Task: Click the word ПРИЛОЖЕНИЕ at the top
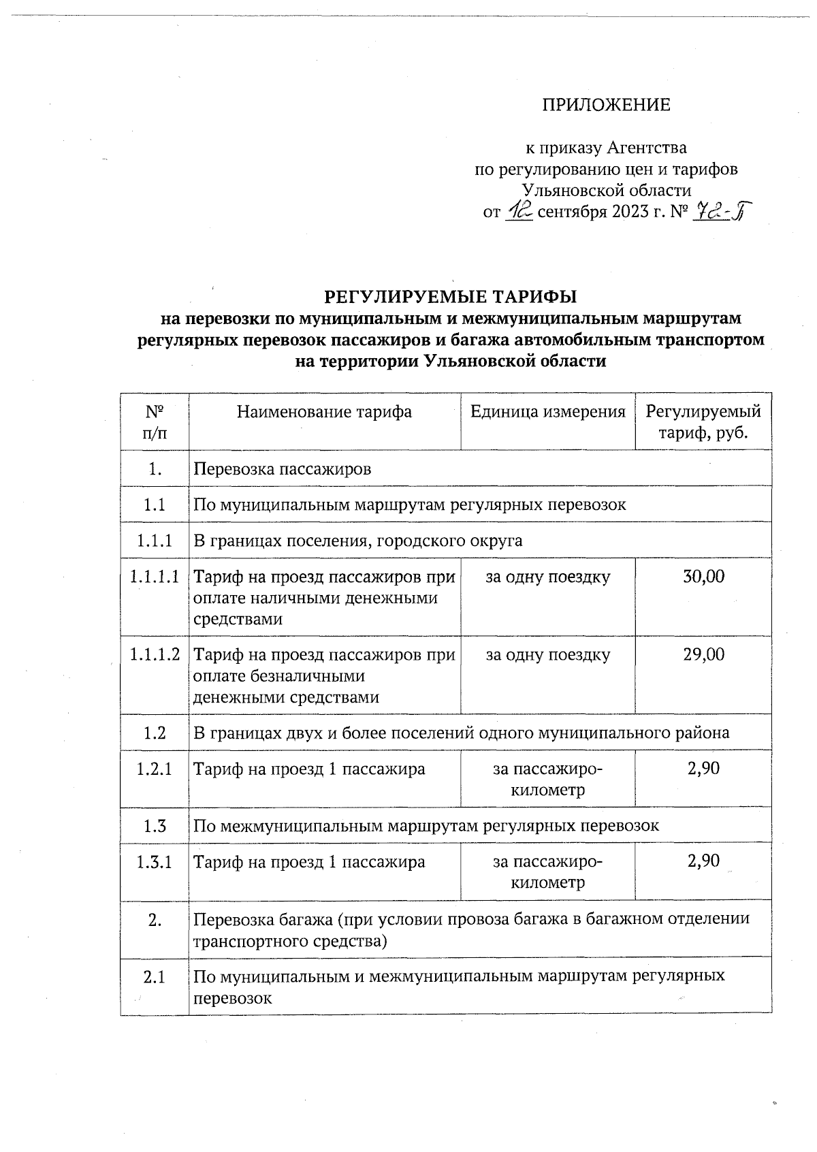point(606,105)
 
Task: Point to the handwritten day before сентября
point(521,212)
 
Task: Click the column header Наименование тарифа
point(324,411)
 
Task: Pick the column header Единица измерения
point(547,411)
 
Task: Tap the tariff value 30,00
point(703,577)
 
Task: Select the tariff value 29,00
point(703,654)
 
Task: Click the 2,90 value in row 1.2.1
point(703,769)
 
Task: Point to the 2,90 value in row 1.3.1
point(703,861)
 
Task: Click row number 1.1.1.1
point(155,577)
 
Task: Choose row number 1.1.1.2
point(155,654)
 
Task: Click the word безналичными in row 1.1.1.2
point(304,676)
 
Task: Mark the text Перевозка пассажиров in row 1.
point(283,468)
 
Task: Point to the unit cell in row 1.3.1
point(547,872)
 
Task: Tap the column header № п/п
point(155,421)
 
